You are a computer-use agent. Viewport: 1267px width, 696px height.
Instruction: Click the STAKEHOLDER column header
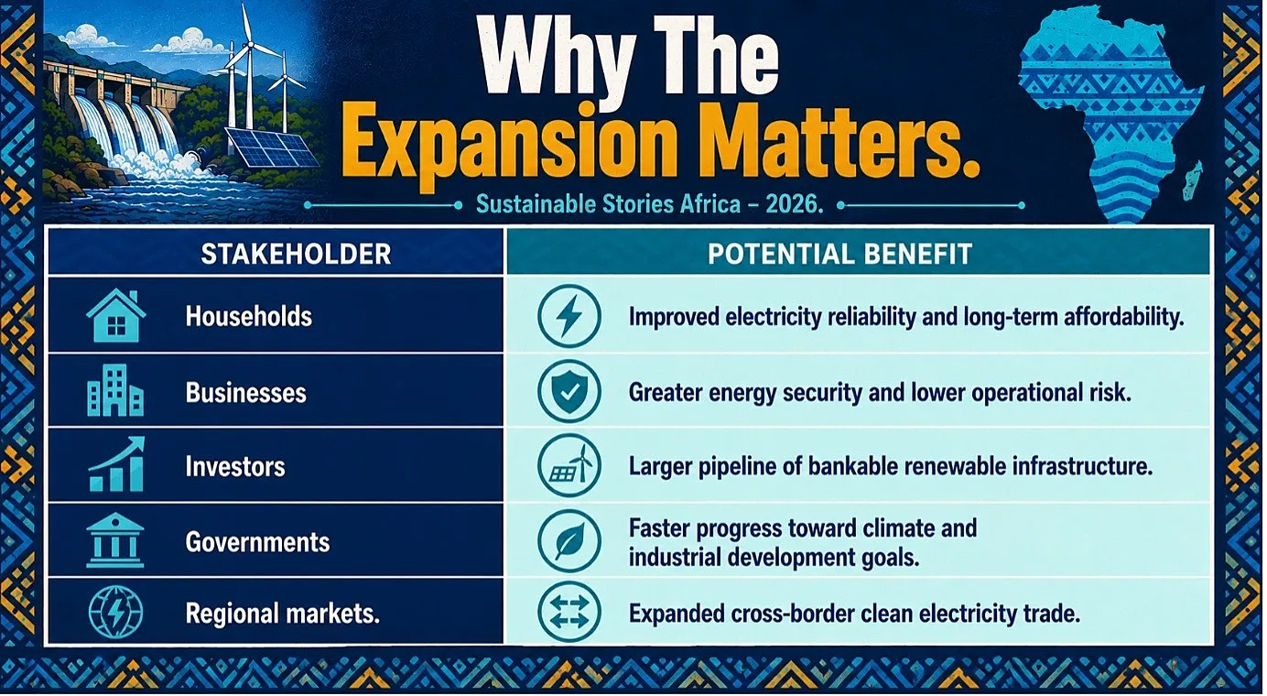[x=296, y=254]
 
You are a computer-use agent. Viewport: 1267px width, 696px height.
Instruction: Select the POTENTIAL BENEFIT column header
[x=840, y=254]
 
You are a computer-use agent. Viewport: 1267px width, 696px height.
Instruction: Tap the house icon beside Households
[x=116, y=316]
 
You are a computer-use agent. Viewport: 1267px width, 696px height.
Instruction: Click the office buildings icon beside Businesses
[x=115, y=390]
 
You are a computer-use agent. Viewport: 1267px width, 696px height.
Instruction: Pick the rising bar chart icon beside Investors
[x=117, y=464]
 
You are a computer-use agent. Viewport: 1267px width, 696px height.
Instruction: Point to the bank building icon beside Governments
[x=115, y=540]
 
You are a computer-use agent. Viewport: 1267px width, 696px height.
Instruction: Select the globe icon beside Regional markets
[x=116, y=613]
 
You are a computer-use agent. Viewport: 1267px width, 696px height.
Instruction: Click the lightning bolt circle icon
[x=569, y=316]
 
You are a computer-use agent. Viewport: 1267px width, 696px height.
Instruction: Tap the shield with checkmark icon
[x=569, y=391]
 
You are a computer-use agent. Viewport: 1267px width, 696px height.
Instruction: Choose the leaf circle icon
[x=569, y=541]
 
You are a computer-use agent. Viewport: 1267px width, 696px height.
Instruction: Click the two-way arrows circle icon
[x=569, y=614]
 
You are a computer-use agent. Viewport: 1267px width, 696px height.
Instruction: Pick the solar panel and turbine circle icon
[x=569, y=466]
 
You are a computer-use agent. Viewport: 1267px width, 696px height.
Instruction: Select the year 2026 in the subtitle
[x=794, y=204]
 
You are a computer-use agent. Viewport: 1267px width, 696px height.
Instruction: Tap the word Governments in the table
[x=257, y=542]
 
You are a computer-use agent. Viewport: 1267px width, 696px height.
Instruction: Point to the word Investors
[x=235, y=467]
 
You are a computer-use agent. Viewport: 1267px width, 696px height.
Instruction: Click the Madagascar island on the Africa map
[x=1192, y=181]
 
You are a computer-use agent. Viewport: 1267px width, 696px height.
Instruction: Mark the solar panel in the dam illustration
[x=272, y=147]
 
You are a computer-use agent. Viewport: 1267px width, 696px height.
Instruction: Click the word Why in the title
[x=558, y=57]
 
